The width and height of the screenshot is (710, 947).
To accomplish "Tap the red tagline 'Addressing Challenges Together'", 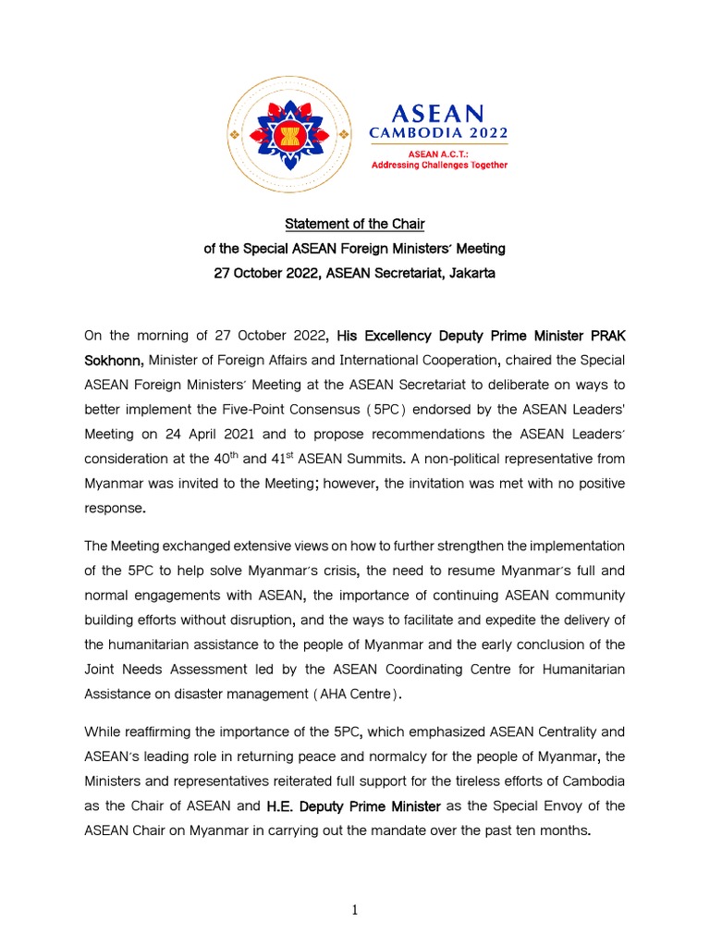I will (439, 165).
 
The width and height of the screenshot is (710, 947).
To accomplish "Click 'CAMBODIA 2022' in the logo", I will (439, 132).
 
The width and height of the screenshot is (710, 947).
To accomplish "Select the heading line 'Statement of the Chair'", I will (354, 224).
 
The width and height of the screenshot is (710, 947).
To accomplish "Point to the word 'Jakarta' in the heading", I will (470, 273).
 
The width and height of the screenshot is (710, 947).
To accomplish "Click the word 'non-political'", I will (475, 457).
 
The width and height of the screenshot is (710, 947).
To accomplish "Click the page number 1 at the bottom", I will (354, 910).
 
